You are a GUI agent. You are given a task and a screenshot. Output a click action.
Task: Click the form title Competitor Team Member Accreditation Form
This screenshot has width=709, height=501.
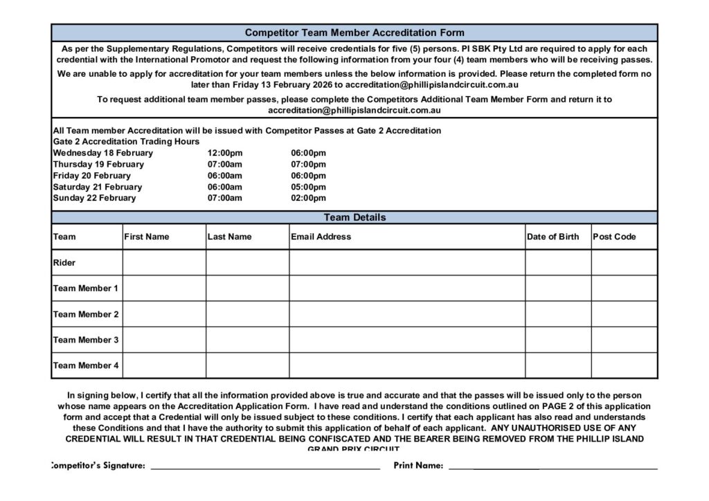[354, 33]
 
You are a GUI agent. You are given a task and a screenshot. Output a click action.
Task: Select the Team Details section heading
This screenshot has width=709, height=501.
[354, 217]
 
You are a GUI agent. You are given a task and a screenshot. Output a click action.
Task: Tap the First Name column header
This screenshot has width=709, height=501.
[147, 237]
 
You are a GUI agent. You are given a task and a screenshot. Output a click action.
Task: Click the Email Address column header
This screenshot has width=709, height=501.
[321, 237]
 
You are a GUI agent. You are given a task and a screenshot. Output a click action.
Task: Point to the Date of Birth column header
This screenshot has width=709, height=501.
[553, 237]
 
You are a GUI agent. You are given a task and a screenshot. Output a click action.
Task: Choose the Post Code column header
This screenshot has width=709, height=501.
[614, 237]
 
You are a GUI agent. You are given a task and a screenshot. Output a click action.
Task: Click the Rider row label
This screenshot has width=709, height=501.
[64, 263]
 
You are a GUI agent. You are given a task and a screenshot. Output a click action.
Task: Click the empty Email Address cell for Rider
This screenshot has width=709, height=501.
[407, 263]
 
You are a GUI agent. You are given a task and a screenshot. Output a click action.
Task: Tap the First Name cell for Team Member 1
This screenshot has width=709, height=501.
[164, 289]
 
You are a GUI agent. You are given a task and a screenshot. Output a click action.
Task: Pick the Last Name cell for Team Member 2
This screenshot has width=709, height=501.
[247, 314]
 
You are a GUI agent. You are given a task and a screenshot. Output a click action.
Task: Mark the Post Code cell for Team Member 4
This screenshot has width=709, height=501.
[624, 365]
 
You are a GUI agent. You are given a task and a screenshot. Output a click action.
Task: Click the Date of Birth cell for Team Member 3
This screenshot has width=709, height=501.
[557, 340]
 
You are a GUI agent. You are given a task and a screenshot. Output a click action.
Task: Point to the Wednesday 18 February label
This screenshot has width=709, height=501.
[103, 153]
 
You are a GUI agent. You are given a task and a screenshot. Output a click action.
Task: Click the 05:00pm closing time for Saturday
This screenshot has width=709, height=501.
[308, 187]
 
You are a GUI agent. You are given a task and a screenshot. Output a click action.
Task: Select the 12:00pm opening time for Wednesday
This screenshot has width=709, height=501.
[224, 153]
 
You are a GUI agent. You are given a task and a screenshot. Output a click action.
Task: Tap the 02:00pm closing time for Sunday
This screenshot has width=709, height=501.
[308, 198]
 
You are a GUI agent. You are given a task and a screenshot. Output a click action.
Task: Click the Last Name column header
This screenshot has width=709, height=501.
[230, 237]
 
